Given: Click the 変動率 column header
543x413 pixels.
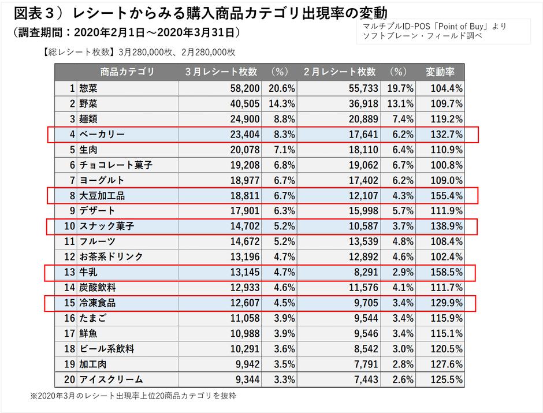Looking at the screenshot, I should click(x=440, y=72).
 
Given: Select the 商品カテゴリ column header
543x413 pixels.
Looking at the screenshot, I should click(x=127, y=72).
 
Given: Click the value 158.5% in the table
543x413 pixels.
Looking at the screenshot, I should click(x=445, y=273).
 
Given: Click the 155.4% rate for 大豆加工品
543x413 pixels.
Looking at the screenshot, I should click(x=445, y=196).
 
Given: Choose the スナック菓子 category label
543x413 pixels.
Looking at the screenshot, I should click(x=106, y=226).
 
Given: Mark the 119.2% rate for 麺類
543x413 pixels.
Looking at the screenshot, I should click(x=445, y=120).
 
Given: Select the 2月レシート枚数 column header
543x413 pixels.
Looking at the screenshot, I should click(x=340, y=72).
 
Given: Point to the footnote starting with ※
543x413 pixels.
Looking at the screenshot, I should click(x=133, y=396).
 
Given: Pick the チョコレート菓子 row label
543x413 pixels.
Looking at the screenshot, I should click(x=116, y=165).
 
